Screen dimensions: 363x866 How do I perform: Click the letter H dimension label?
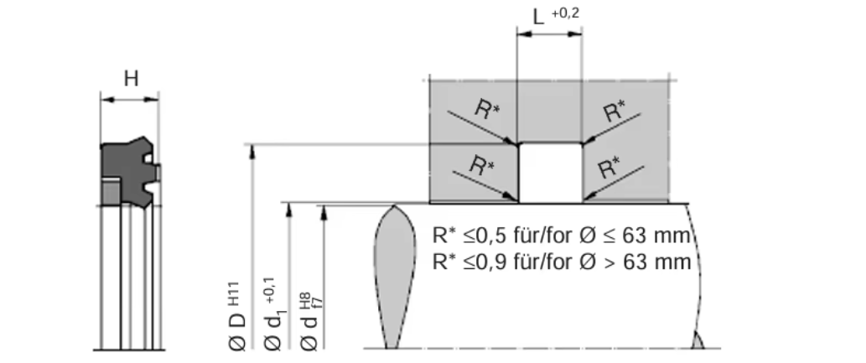tap(131, 79)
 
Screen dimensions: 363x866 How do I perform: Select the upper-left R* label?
tap(487, 110)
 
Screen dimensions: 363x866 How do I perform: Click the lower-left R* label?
tap(480, 165)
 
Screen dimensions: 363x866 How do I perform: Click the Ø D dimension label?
tap(236, 332)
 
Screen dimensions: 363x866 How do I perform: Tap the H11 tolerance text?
tap(235, 291)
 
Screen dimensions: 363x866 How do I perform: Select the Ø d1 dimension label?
tap(273, 332)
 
